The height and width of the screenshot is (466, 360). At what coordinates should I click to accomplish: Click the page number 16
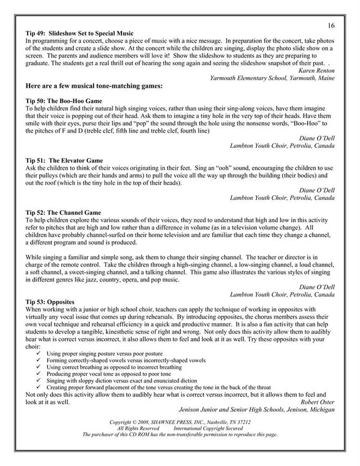click(x=331, y=25)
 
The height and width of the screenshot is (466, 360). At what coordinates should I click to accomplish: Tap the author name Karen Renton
click(x=316, y=71)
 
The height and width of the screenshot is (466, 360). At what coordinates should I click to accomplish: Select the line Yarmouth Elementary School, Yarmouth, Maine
click(x=272, y=78)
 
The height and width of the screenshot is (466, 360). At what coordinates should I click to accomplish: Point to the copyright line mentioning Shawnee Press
click(x=180, y=422)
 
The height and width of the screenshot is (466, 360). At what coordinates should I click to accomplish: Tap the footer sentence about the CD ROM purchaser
click(x=180, y=434)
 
